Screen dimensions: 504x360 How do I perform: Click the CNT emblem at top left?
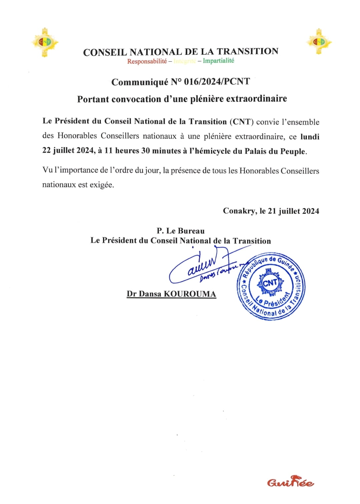pos(45,42)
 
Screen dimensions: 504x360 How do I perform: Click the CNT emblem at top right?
pos(319,42)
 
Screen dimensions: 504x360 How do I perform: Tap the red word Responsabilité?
pos(147,61)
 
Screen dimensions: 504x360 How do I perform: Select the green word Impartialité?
pos(218,60)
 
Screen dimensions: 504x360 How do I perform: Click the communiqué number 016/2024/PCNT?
pos(217,82)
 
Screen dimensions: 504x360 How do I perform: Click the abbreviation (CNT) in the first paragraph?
pos(242,122)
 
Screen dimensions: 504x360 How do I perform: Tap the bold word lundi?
pos(310,137)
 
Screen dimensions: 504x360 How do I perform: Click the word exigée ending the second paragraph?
pos(101,185)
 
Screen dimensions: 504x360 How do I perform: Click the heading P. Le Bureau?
pos(181,231)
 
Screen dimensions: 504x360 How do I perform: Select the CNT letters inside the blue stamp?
pos(270,283)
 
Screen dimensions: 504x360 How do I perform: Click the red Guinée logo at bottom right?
pos(290,482)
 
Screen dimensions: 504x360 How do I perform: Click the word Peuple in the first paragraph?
pos(293,151)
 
